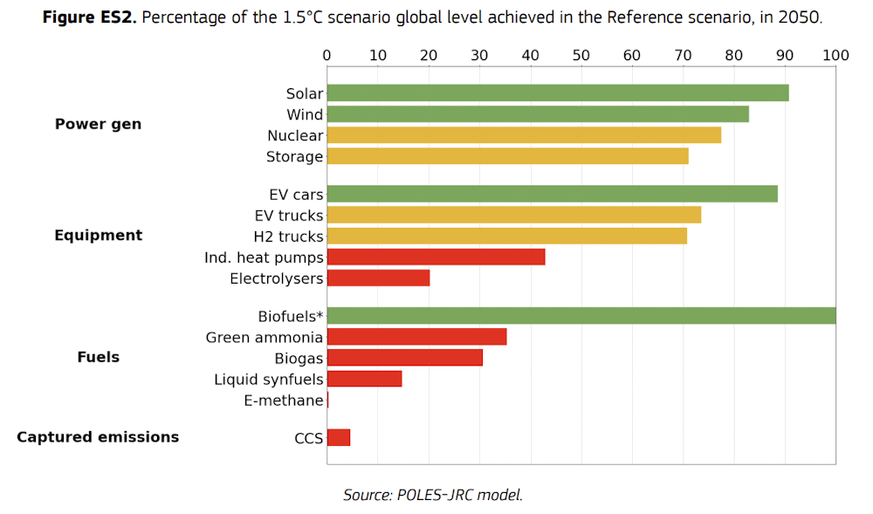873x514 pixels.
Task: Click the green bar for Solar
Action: (x=557, y=93)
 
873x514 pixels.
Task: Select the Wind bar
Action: (x=537, y=114)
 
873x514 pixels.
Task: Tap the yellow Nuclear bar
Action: (x=524, y=135)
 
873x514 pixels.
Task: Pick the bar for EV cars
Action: (x=552, y=194)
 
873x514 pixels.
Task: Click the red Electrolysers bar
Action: (x=378, y=278)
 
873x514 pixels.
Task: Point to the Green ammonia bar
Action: (x=416, y=337)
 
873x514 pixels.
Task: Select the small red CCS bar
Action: (x=339, y=437)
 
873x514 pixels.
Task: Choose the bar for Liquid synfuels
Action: (x=364, y=379)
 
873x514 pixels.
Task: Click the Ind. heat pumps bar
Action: (x=436, y=257)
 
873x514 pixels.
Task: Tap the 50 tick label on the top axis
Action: (x=581, y=56)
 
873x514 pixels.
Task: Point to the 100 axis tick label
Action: (x=835, y=56)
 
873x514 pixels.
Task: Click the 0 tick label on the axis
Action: (x=327, y=56)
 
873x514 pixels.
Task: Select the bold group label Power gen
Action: (x=98, y=124)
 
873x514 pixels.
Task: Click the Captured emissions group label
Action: (x=98, y=437)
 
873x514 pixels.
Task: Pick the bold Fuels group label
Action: (x=98, y=357)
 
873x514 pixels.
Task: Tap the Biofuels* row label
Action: (x=290, y=316)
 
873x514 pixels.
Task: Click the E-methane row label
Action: (x=284, y=401)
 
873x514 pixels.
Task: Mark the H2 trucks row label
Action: (x=288, y=236)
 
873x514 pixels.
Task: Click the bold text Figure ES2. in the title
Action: (x=90, y=18)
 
